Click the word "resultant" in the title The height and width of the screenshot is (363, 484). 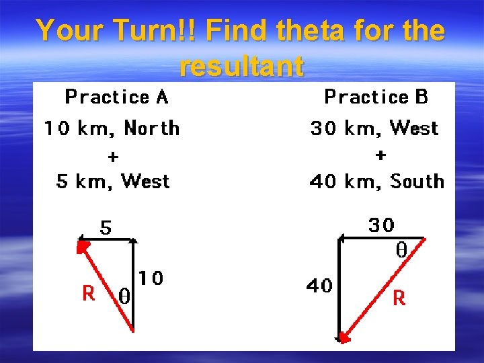point(242,67)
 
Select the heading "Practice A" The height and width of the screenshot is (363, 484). point(116,97)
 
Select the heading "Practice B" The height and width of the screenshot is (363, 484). point(376,97)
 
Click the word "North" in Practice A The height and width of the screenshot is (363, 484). point(152,128)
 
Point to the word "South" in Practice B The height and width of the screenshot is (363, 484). point(417,182)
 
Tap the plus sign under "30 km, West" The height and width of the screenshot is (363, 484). point(380,155)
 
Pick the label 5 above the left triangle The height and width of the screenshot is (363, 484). point(106,229)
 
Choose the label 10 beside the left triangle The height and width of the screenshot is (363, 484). point(151,278)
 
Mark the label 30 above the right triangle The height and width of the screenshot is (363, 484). point(381,225)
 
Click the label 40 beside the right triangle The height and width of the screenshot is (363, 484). point(319,286)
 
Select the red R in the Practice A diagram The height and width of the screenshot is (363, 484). point(88,293)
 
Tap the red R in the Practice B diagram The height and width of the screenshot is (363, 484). point(399,298)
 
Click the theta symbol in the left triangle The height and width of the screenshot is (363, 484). point(124,296)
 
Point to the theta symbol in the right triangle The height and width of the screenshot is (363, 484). point(401,251)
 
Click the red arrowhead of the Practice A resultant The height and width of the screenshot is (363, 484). point(82,247)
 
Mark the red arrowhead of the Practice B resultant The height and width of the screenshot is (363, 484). point(345,337)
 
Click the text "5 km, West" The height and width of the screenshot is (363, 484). point(113,182)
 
